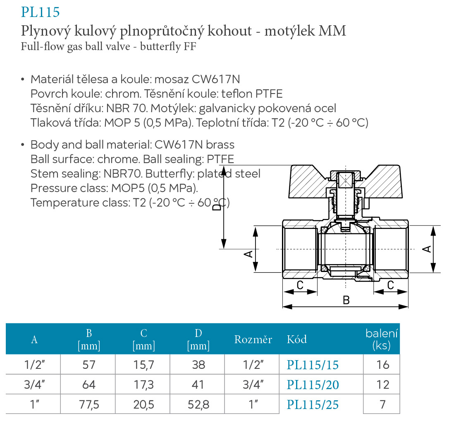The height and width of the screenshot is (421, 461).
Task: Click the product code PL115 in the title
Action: (x=40, y=12)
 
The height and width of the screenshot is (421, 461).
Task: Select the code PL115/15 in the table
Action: (x=313, y=365)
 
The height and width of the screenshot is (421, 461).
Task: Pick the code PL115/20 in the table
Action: (x=313, y=385)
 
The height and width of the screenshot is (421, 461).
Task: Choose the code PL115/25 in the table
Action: (x=313, y=404)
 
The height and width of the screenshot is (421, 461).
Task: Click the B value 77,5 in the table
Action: (x=89, y=405)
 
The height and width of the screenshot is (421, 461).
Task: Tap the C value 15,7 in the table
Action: (x=143, y=365)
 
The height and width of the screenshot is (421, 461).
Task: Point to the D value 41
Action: (x=198, y=385)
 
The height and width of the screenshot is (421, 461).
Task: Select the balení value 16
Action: (x=383, y=365)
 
